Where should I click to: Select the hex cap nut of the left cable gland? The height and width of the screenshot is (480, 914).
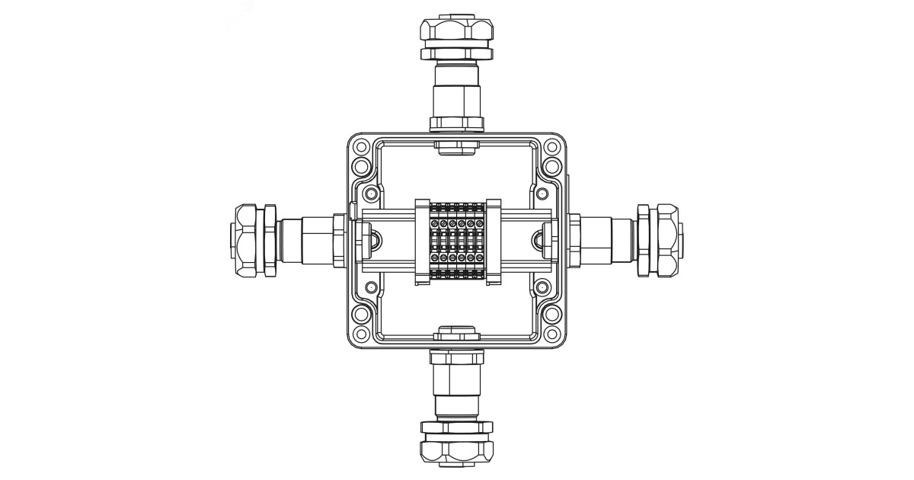248,241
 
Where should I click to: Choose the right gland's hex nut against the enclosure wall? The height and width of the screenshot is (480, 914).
574,241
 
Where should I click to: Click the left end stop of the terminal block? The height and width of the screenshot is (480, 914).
423,241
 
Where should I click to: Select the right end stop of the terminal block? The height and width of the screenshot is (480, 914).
491,241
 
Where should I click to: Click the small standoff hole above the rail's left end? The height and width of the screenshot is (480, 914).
371,194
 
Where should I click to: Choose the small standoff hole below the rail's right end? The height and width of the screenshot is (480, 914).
542,288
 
